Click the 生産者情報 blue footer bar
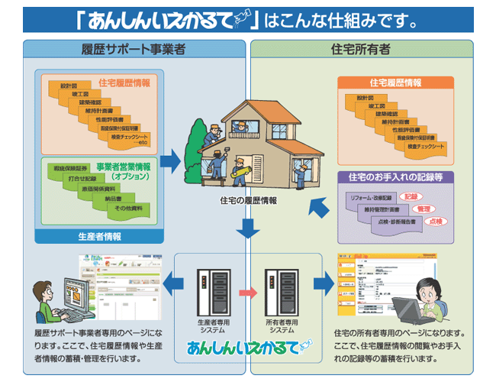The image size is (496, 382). coord(100,236)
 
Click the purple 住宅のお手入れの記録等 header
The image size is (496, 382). coord(396,177)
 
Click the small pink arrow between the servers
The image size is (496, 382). coord(246,292)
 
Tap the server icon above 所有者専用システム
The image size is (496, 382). coord(279,291)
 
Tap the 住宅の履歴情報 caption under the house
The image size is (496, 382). coord(248,200)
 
